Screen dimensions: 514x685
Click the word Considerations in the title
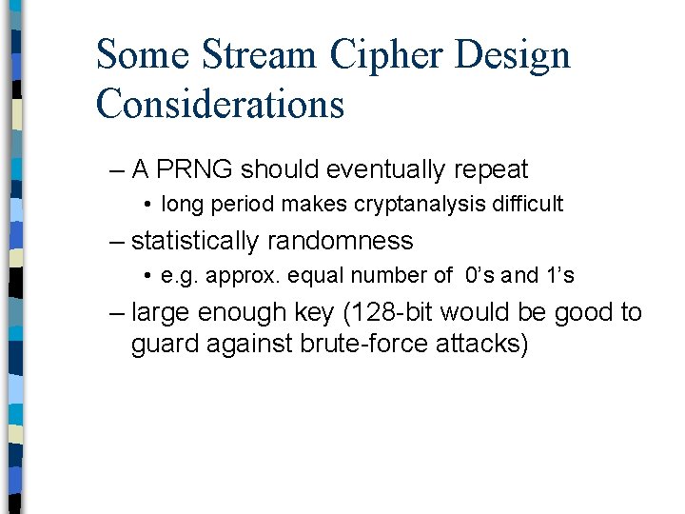(220, 103)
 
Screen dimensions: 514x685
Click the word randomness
(341, 241)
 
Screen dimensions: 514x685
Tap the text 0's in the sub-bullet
(480, 276)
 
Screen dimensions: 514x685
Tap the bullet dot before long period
(150, 204)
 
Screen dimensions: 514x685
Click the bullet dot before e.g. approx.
(150, 276)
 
